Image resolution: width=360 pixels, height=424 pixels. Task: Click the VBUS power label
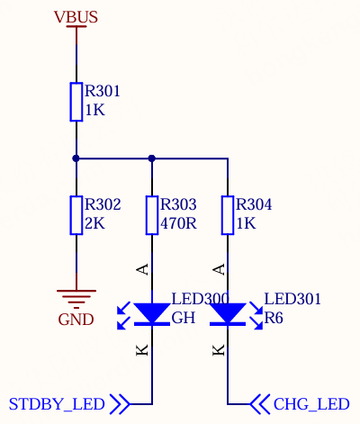tap(76, 17)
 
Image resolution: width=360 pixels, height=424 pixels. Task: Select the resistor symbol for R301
tap(76, 102)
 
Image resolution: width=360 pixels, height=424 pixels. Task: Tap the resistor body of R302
tap(76, 215)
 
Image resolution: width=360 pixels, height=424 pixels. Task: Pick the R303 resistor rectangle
tap(152, 215)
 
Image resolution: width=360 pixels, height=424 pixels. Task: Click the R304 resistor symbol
tap(228, 215)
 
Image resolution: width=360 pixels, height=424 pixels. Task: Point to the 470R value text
tap(178, 223)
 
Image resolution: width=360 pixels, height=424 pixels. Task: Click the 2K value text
tap(95, 223)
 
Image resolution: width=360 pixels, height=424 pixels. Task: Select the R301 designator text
tap(103, 91)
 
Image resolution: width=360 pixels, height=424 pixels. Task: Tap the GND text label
tap(76, 320)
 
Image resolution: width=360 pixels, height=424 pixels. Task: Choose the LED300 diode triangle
tap(152, 312)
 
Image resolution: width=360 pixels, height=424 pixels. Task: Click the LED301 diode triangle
tap(228, 312)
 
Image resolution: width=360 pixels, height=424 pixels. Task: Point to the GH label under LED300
tap(184, 318)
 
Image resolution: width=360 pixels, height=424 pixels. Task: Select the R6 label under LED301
tap(274, 318)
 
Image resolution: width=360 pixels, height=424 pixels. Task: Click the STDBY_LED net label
tap(57, 404)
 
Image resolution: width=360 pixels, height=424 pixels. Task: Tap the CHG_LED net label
tap(311, 404)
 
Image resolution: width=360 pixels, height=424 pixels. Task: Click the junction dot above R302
tap(76, 158)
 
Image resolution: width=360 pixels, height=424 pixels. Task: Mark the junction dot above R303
tap(152, 158)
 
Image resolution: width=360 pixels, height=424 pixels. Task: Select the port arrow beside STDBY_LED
tap(120, 404)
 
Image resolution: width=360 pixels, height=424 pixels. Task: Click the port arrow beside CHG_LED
tap(260, 404)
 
